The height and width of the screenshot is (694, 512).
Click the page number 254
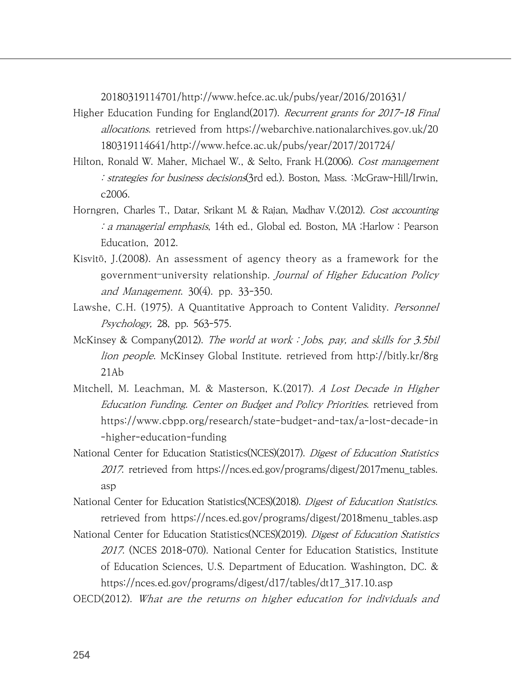(81, 655)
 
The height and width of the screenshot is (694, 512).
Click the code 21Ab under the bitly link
(112, 372)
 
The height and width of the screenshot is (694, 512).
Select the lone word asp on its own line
(108, 486)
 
